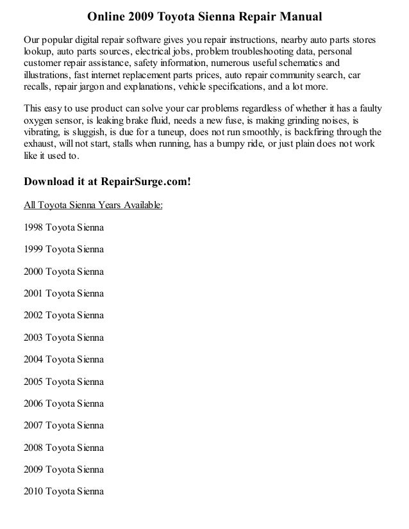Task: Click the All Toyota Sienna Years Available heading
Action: coord(94,206)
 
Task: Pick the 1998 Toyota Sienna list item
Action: coord(63,227)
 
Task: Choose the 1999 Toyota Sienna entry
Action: coord(63,249)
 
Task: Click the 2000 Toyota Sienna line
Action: coord(63,272)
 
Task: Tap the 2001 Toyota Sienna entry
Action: coord(63,293)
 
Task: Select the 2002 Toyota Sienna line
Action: coord(63,316)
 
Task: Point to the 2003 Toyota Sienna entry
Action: coord(63,338)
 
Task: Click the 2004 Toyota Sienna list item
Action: coord(63,360)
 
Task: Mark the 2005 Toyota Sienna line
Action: coord(63,382)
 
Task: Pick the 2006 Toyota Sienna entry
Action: coord(63,404)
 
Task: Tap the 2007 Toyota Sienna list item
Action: coord(63,426)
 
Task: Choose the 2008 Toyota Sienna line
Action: coord(63,448)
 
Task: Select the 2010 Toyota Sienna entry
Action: coord(63,492)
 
